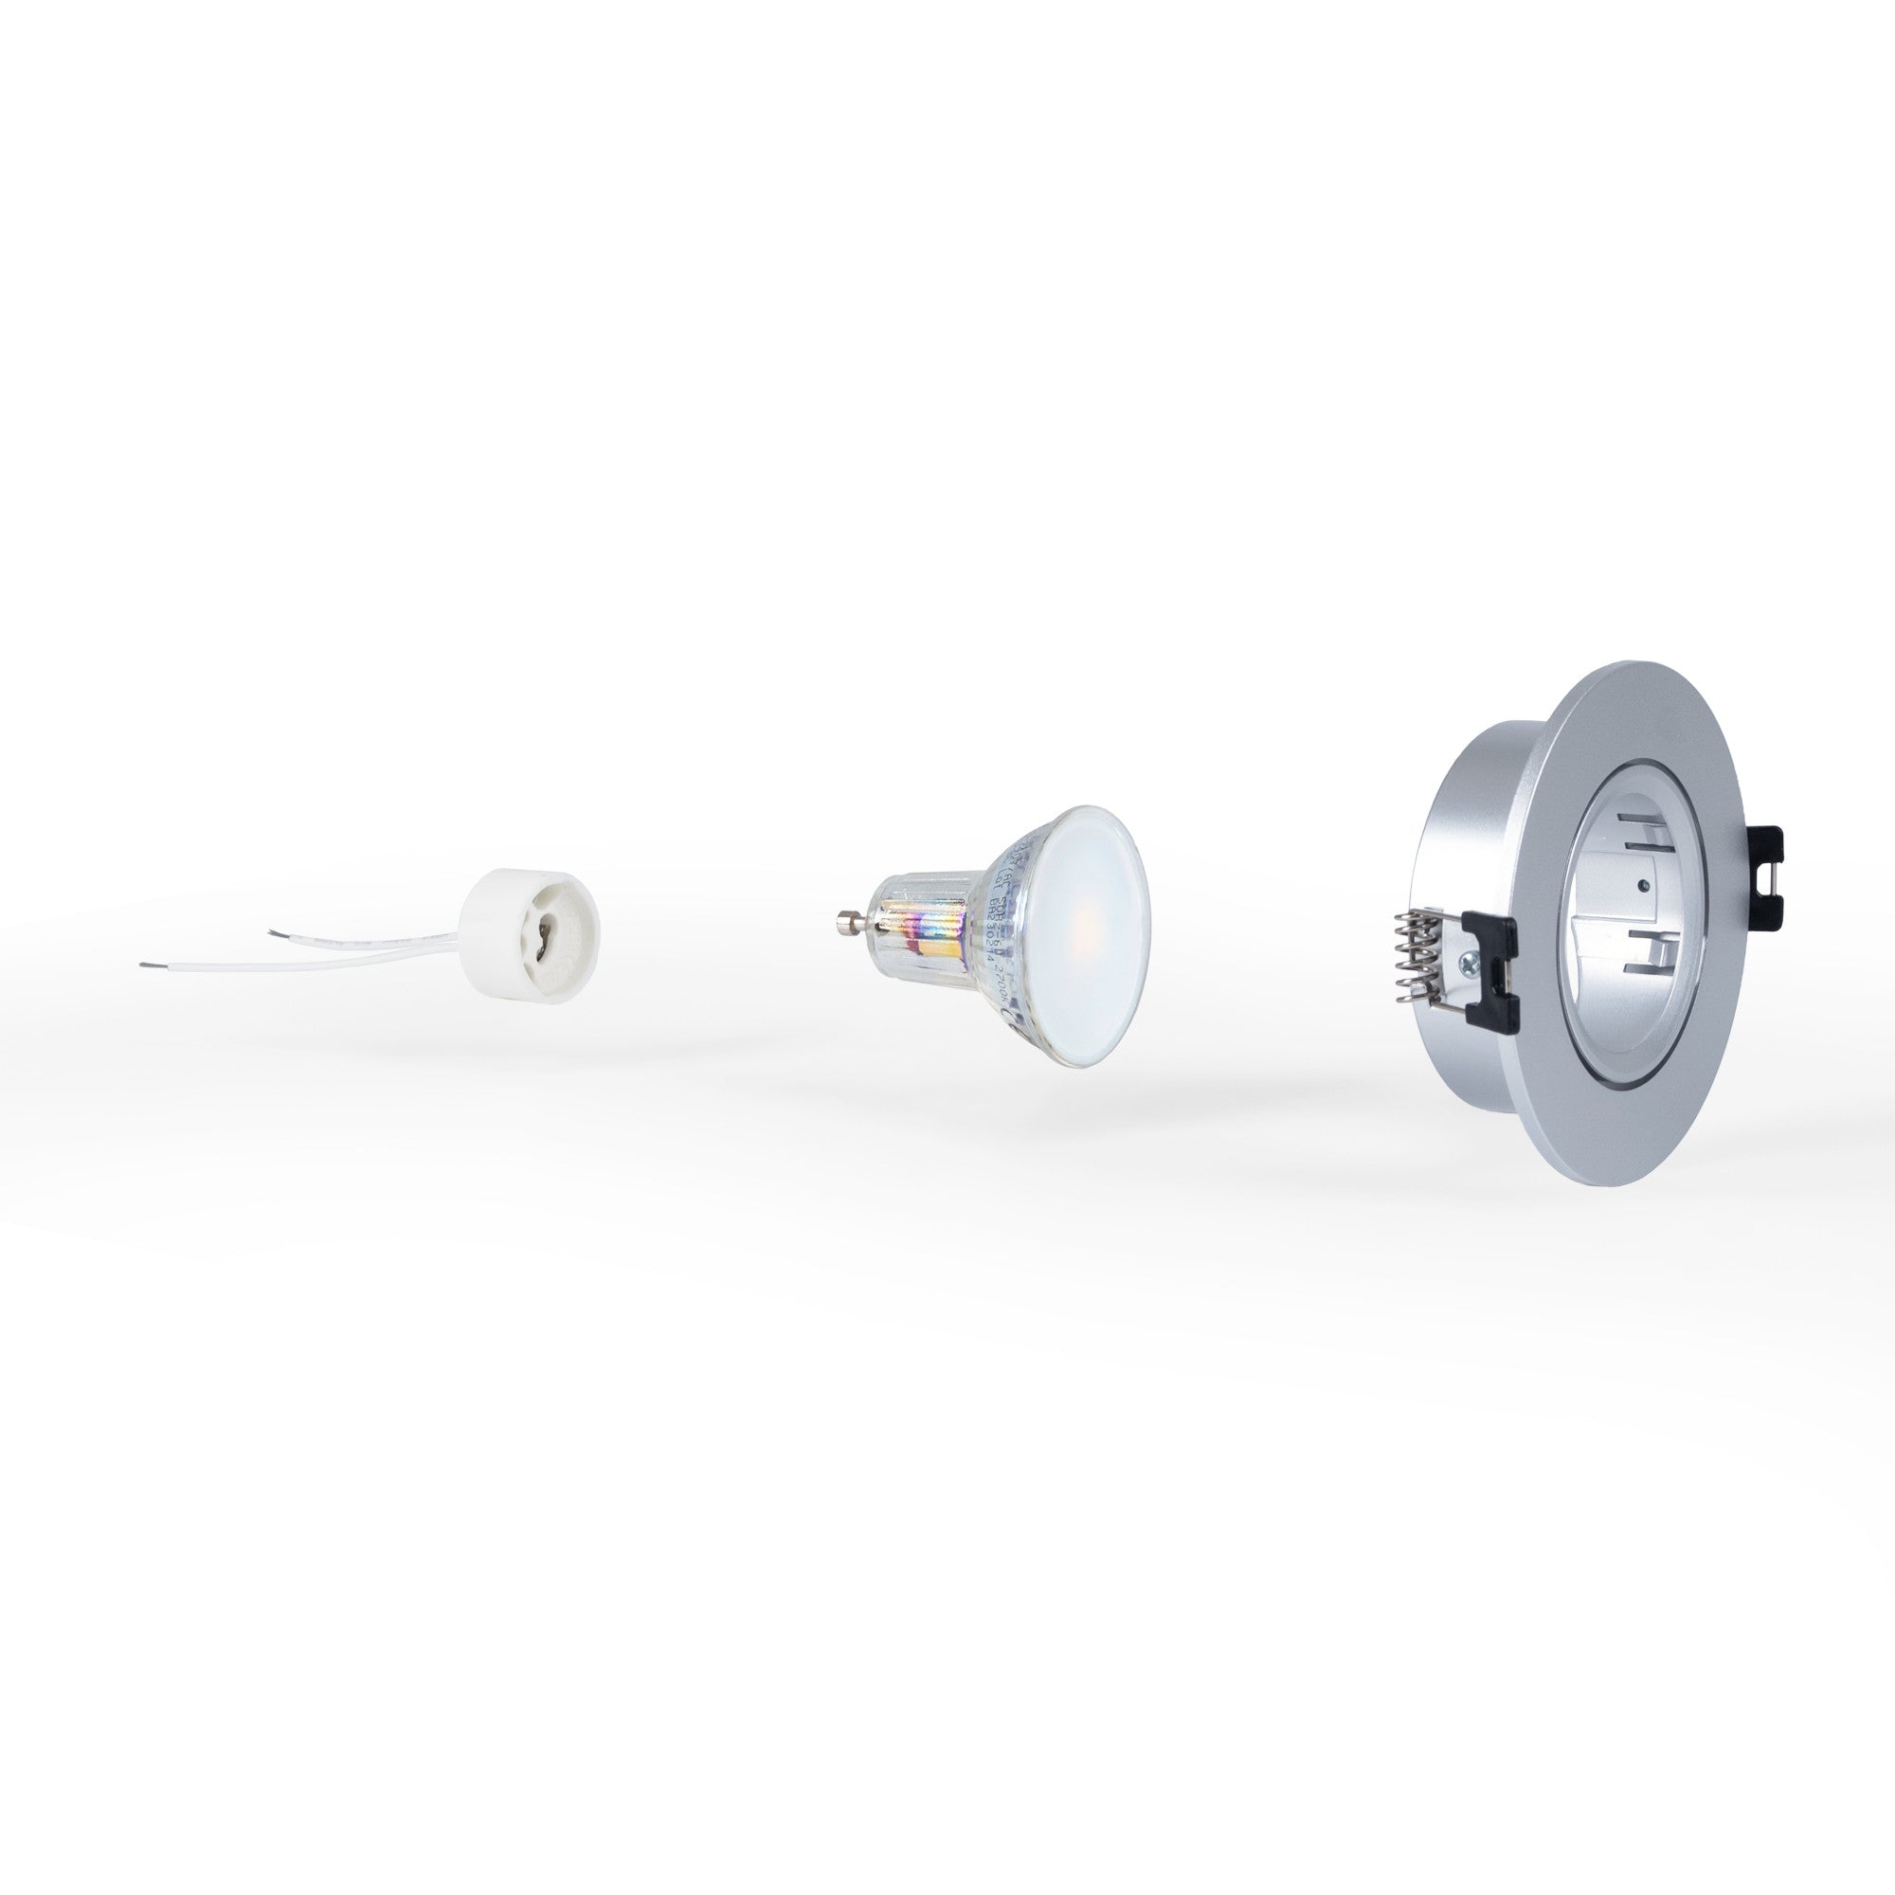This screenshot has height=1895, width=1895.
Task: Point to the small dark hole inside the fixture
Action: (1641, 886)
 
